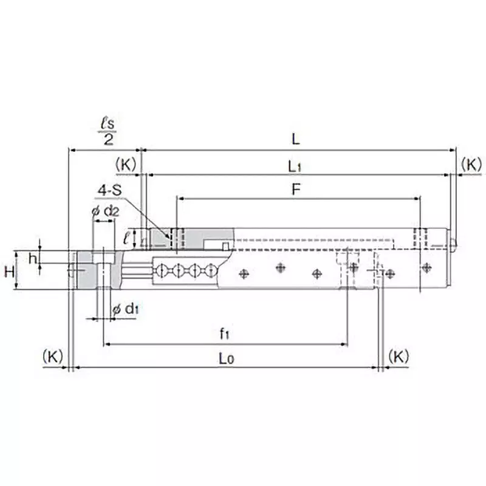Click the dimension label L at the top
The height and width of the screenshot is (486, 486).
tap(295, 139)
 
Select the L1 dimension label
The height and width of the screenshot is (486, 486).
tap(296, 165)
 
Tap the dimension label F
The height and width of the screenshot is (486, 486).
tap(295, 189)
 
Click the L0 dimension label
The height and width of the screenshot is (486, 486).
tap(225, 358)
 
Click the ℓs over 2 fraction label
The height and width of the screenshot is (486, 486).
tap(108, 131)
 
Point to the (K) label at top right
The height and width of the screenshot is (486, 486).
tap(471, 164)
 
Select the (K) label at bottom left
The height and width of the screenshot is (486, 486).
tap(53, 357)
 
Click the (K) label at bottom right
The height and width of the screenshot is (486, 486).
tap(398, 357)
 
